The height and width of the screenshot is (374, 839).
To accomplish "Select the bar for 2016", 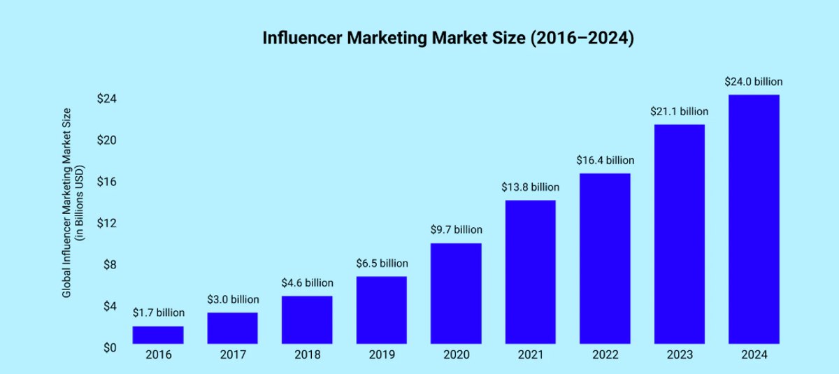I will coord(158,335).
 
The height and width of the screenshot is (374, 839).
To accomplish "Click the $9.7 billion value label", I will coord(456,229).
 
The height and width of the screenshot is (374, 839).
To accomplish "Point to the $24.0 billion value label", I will coord(754,81).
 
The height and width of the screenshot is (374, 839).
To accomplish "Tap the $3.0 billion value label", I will coord(233,299).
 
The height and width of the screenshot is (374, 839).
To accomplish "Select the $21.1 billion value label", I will coord(679,111).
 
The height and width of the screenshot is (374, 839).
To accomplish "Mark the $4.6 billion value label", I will coord(308,283).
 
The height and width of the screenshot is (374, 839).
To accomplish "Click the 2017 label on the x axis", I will coord(233,354).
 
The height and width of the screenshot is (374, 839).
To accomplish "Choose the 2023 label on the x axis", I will coord(679,354).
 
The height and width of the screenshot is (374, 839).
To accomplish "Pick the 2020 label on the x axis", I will coord(456,354).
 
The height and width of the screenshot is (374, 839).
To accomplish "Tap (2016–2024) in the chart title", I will coord(582,38).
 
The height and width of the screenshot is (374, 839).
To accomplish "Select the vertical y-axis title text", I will coord(73,203).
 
